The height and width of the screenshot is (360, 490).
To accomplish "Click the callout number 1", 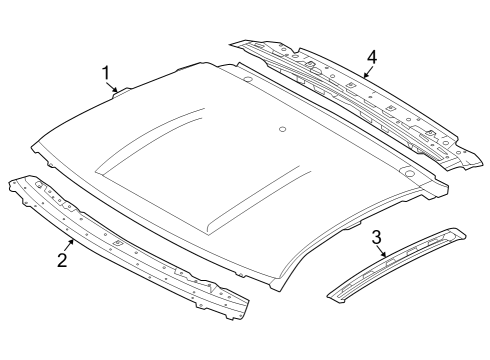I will (107, 72).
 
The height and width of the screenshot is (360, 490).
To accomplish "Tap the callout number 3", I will (376, 237).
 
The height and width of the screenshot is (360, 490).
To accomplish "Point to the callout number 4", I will (371, 57).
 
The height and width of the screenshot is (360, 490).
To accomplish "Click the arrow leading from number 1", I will (115, 86).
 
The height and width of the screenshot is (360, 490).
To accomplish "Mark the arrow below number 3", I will (383, 252).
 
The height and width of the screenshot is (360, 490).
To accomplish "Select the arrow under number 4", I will (366, 73).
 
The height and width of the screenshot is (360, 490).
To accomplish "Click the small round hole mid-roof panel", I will (283, 128).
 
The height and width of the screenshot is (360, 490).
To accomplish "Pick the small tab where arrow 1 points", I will (122, 92).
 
